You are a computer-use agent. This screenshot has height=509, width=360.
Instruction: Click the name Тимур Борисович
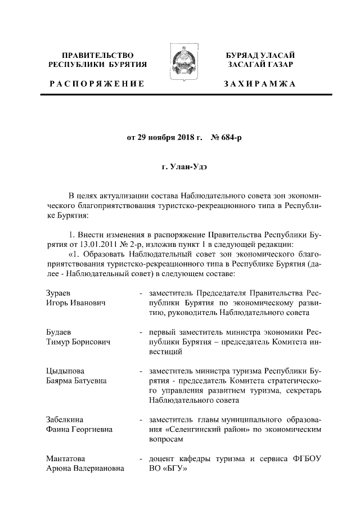click(x=78, y=341)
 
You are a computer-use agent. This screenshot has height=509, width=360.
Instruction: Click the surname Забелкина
click(x=65, y=420)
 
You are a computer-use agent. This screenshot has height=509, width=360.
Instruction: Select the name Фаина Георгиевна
click(x=79, y=430)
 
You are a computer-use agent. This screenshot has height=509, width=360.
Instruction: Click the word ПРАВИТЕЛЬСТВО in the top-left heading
click(x=98, y=55)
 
